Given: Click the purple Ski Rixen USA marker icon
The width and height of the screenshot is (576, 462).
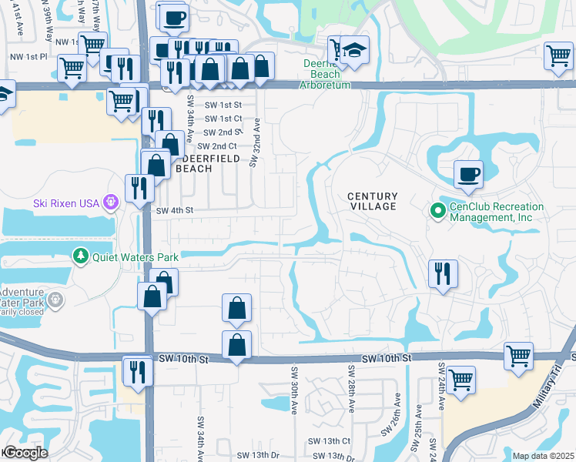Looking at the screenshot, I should point(111,203).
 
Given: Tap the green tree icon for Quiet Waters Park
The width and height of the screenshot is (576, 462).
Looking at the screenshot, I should point(80,256).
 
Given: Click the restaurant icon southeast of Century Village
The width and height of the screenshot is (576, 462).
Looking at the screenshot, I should point(443,273).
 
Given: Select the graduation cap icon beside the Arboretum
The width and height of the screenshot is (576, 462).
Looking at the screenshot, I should point(354,50).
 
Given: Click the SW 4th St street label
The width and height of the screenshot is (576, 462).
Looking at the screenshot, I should point(174,210).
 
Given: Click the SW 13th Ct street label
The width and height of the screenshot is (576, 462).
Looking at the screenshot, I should point(329,441).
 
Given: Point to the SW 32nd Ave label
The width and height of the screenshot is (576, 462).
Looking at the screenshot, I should point(254,141).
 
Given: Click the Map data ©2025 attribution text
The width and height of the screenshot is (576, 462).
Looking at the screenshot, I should point(543,456).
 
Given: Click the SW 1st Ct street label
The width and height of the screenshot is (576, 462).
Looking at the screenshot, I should point(223,118).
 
